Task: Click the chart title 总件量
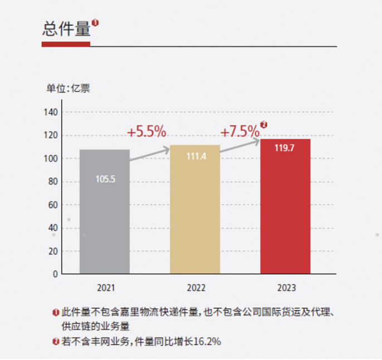(66, 29)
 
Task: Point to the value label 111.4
(195, 157)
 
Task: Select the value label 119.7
(285, 149)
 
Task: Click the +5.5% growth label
(146, 132)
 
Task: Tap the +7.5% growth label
(240, 132)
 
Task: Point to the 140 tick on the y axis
(51, 112)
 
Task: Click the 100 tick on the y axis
(51, 159)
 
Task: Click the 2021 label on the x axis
(106, 288)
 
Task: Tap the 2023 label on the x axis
(286, 288)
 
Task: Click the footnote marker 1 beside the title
(95, 23)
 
